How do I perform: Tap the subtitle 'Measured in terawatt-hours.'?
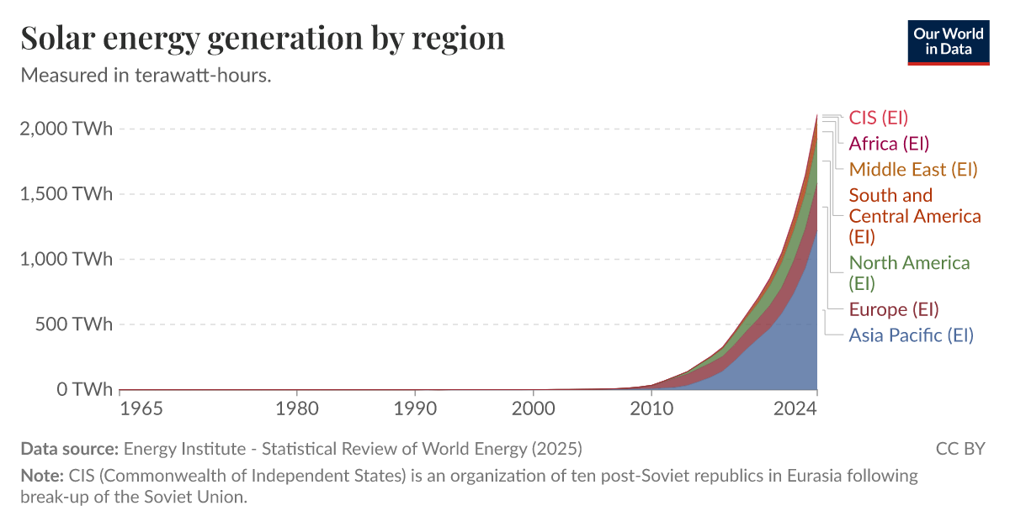(x=146, y=75)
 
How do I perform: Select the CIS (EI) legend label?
(x=878, y=118)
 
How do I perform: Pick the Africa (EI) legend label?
(x=889, y=144)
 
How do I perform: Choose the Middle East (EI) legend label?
(x=912, y=170)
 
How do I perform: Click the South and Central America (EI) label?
(x=914, y=216)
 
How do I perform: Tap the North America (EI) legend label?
(x=909, y=273)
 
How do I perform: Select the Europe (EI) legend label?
(x=893, y=309)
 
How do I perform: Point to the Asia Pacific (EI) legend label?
(x=911, y=335)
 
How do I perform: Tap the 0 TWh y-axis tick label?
(x=84, y=390)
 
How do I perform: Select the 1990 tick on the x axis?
(x=415, y=409)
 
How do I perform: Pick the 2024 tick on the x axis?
(x=795, y=409)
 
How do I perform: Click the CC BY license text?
(x=959, y=448)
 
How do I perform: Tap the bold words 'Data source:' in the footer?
(x=69, y=448)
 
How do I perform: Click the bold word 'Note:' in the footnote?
(x=41, y=476)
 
